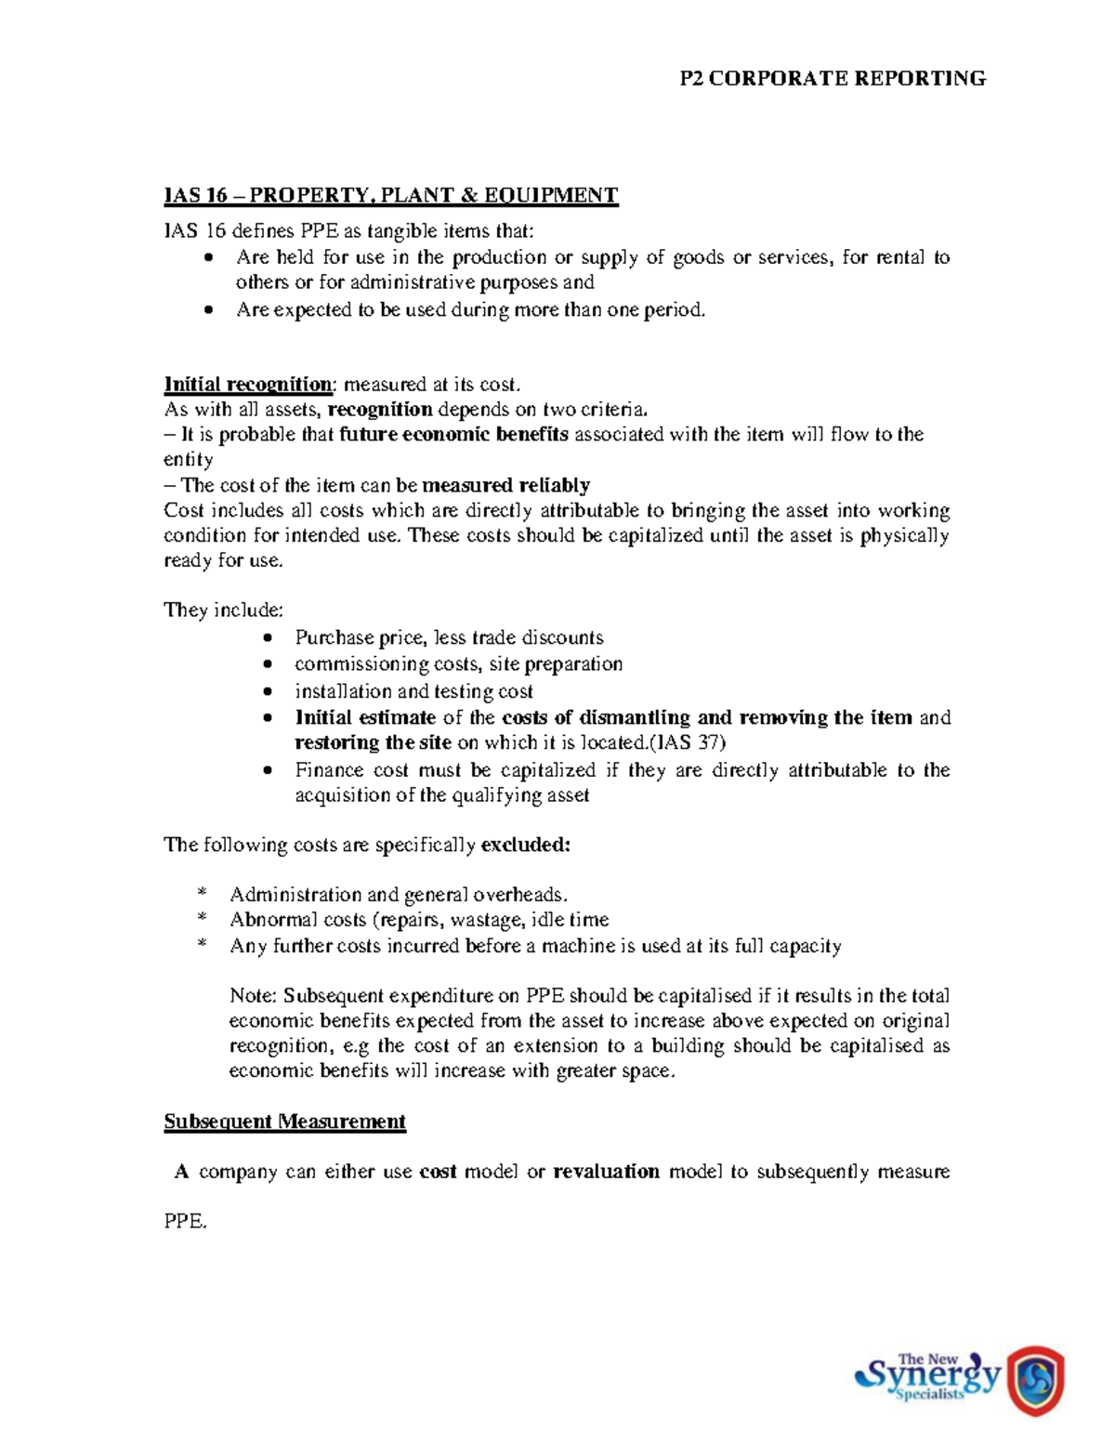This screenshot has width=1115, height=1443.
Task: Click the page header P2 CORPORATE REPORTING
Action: coord(832,79)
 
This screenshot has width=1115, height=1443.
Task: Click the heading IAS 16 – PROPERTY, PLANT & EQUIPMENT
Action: coord(390,195)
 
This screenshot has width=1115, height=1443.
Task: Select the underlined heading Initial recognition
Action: coord(247,385)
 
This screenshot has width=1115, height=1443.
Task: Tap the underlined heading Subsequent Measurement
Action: coord(284,1122)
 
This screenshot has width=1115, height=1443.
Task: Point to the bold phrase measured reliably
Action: coord(505,485)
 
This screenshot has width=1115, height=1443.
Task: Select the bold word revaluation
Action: coord(606,1172)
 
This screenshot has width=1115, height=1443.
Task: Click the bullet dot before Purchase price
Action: coord(269,638)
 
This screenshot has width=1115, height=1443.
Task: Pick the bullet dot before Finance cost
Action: coord(269,770)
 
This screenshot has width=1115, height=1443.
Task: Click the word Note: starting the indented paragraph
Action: coord(253,996)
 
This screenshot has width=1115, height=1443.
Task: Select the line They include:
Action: coord(223,610)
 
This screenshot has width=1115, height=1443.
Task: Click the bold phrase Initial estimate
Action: coord(365,717)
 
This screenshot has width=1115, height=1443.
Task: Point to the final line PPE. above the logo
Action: coord(185,1222)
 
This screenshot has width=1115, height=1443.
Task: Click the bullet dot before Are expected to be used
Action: coord(210,310)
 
